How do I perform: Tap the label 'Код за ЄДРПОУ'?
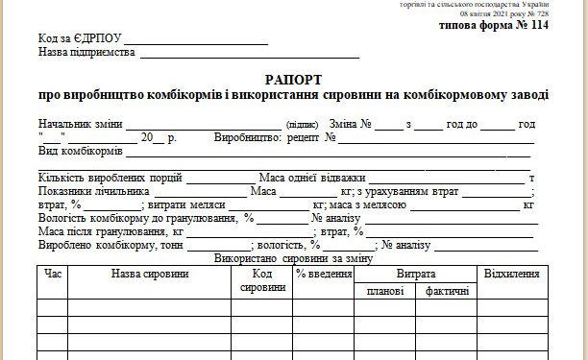tap(80, 38)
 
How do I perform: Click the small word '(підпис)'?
tap(302, 126)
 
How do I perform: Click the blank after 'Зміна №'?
tap(388, 125)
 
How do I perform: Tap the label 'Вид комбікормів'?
tap(80, 152)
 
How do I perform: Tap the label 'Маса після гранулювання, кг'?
tap(110, 232)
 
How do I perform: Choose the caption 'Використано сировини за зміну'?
tap(293, 259)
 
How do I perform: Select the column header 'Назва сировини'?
tap(150, 275)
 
